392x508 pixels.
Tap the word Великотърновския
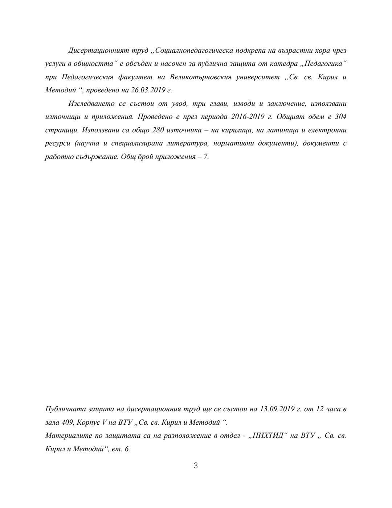pyautogui.click(x=201, y=77)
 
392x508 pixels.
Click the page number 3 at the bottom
pyautogui.click(x=196, y=466)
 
